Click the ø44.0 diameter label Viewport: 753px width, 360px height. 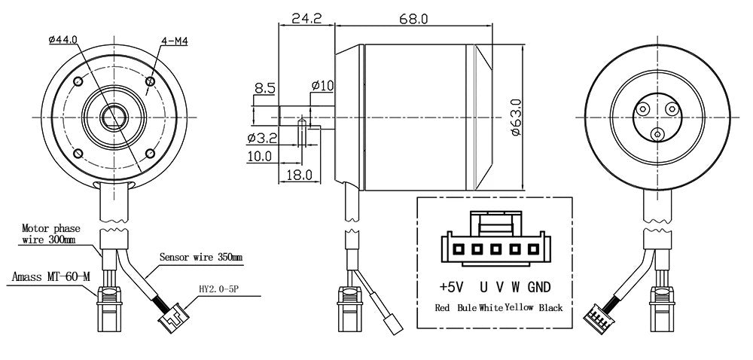click(62, 40)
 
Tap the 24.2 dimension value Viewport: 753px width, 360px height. click(307, 18)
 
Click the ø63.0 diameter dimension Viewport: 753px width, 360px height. click(517, 117)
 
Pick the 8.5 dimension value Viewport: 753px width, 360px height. click(264, 89)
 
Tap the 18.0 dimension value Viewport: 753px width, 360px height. click(299, 175)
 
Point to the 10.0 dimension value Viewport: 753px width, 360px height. click(259, 157)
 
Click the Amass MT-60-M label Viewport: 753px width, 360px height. click(51, 277)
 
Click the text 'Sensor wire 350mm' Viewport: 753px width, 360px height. click(200, 257)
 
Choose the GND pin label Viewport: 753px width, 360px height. click(539, 287)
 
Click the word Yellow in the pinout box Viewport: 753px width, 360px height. click(519, 308)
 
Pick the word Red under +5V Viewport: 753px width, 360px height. click(444, 308)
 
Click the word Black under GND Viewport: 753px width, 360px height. click(550, 308)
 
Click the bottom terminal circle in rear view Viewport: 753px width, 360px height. click(658, 134)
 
